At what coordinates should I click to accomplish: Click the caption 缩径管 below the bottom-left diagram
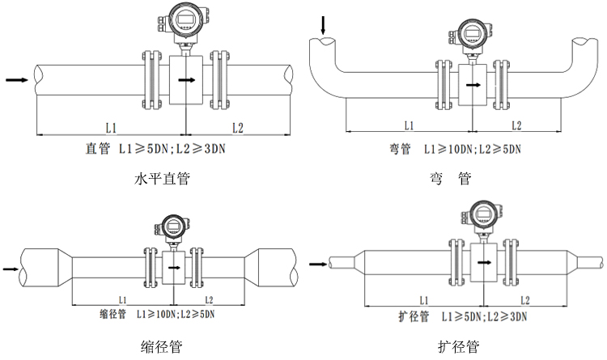(x=161, y=347)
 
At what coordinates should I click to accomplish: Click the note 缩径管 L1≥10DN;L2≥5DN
(x=155, y=313)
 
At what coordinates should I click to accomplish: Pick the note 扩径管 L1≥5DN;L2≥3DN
(x=458, y=316)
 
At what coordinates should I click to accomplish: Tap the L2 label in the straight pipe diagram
(x=237, y=127)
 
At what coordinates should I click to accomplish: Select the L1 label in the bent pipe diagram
(x=408, y=125)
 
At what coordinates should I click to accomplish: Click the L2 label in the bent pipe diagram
(x=516, y=125)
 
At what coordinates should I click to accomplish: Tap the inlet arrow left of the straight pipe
(x=16, y=79)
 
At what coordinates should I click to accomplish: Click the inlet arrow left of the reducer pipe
(x=10, y=268)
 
